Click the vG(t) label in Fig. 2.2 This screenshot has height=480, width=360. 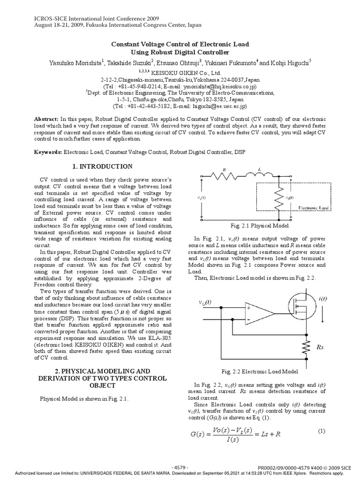204,302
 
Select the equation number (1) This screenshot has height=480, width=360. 321,431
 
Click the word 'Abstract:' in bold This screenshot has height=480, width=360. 48,120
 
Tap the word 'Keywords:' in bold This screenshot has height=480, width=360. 49,152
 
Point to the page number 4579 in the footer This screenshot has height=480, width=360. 180,467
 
